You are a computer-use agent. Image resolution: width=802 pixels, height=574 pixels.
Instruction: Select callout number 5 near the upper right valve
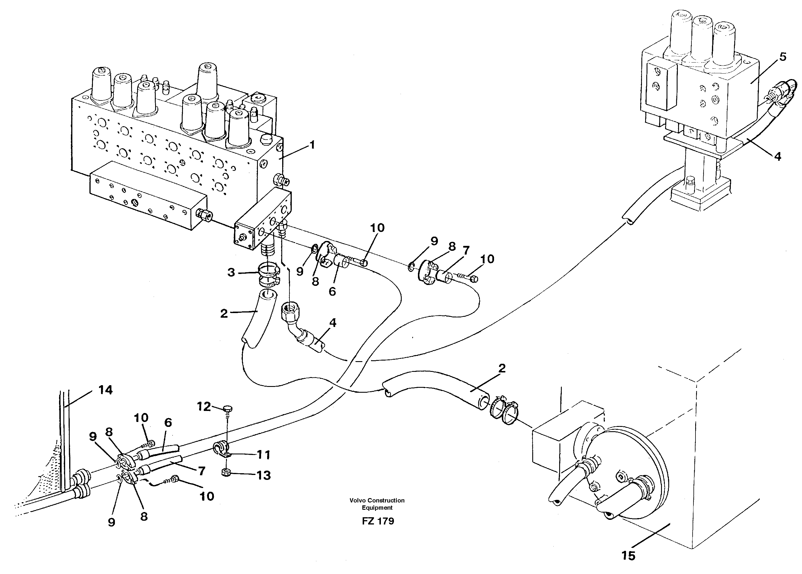tap(783, 56)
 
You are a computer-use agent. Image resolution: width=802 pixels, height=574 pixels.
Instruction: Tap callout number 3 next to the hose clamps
tap(231, 273)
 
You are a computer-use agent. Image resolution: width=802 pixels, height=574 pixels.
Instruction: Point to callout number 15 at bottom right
tap(629, 556)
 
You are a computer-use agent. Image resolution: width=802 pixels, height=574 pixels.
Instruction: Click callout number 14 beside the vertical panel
tap(105, 390)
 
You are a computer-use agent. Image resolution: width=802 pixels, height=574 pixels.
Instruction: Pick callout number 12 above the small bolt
tap(204, 407)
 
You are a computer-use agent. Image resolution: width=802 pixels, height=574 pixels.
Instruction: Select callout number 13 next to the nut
tap(263, 475)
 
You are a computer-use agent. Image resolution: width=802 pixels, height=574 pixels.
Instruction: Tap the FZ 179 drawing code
tap(377, 521)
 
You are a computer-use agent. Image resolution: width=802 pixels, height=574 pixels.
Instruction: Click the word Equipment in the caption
tap(377, 508)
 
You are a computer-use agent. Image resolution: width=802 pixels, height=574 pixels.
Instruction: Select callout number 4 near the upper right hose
tap(777, 156)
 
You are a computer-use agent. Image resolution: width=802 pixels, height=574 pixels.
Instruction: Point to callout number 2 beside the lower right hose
tap(502, 369)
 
